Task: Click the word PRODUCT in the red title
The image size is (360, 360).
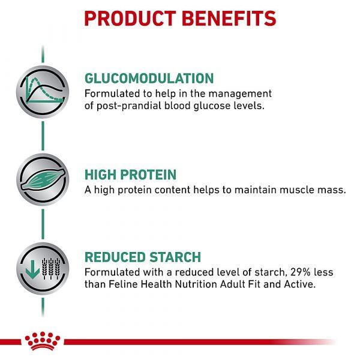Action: [x=130, y=19]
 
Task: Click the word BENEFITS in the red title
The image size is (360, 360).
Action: [x=229, y=19]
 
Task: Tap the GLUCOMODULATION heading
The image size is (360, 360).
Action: [x=149, y=78]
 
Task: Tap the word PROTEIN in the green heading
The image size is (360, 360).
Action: [x=148, y=175]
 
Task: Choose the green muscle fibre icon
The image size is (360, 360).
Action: [x=43, y=179]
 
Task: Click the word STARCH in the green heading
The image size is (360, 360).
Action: [x=175, y=257]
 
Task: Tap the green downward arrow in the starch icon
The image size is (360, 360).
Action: [x=32, y=269]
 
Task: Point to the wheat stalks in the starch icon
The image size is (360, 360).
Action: [x=51, y=269]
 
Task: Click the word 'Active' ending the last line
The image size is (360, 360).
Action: [x=300, y=284]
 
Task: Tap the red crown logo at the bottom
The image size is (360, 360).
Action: [x=43, y=341]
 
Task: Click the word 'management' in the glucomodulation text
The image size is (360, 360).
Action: [x=240, y=94]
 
